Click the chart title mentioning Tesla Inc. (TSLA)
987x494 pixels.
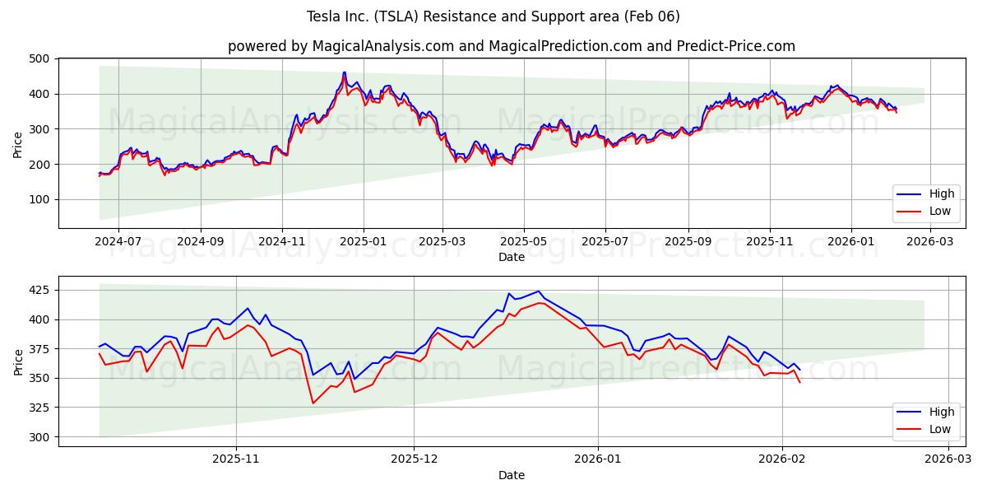(x=493, y=16)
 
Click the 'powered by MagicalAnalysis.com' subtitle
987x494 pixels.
(x=511, y=46)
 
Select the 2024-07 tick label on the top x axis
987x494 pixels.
(x=118, y=242)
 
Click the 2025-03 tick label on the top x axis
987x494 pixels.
(x=443, y=242)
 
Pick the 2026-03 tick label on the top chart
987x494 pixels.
(x=929, y=242)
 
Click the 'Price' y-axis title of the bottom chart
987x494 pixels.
(x=18, y=361)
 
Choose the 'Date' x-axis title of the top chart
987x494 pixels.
(x=511, y=257)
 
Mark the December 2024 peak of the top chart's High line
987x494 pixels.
(x=345, y=72)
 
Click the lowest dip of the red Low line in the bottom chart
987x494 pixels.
(x=313, y=403)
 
